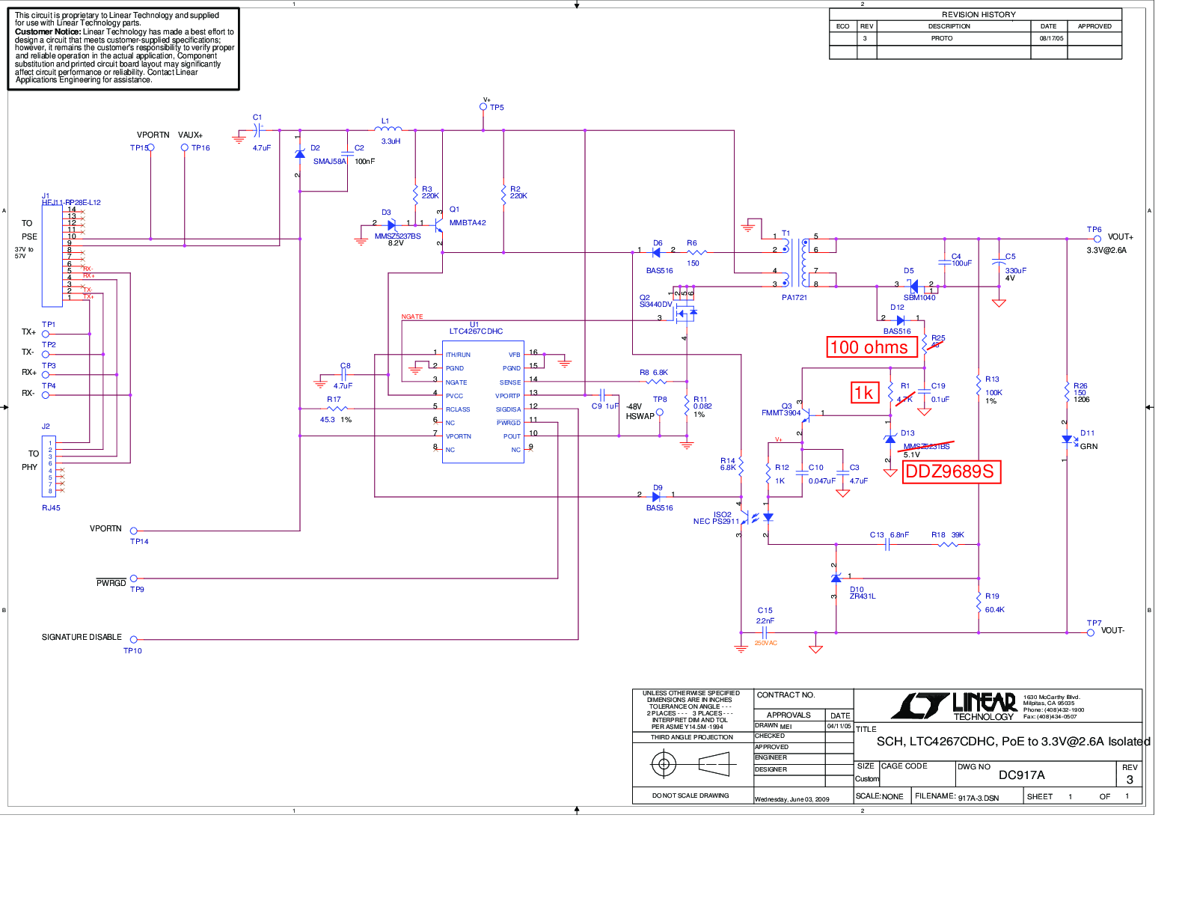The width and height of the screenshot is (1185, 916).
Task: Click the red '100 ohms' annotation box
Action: pos(872,347)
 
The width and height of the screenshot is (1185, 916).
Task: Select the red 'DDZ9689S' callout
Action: pos(951,471)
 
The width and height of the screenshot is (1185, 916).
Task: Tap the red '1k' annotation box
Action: pos(864,393)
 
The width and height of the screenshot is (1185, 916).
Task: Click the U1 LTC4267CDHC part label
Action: pos(476,331)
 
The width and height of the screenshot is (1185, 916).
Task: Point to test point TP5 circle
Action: pos(483,107)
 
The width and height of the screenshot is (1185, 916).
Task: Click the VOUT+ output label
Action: pos(1120,236)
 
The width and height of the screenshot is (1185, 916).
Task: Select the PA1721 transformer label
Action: pos(794,298)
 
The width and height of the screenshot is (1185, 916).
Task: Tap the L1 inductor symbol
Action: pos(388,129)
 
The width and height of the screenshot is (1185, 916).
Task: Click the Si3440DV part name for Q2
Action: pos(655,305)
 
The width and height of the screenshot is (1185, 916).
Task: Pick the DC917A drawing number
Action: pos(1021,775)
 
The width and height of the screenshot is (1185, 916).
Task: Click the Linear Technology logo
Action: pos(954,706)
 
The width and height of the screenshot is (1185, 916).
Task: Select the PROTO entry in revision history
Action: pos(941,38)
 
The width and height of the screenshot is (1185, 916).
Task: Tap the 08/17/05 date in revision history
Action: pos(1050,38)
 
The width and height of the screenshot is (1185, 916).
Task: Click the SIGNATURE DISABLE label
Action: pos(82,638)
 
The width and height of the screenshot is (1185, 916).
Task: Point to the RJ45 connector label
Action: pos(51,508)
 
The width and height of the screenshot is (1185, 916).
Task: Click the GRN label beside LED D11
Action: pos(1088,447)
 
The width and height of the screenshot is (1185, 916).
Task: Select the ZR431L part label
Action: pos(863,596)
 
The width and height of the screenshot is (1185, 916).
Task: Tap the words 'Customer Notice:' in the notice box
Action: pos(48,32)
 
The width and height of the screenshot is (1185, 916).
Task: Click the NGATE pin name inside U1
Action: pos(456,382)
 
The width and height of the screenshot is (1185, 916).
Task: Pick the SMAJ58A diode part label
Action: pos(329,162)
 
